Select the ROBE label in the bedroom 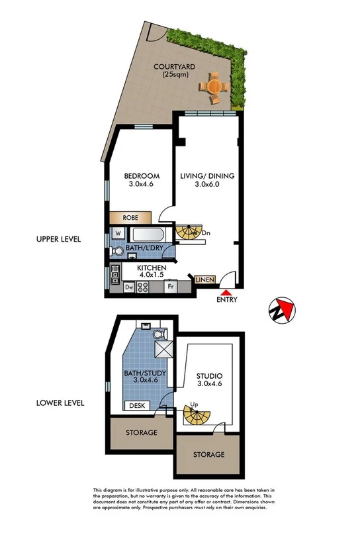pos(130,217)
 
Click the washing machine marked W pos(117,234)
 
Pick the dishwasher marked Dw pos(128,287)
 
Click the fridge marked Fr pos(169,287)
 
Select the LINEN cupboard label pos(204,280)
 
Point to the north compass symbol pos(283,309)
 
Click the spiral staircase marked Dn pos(189,232)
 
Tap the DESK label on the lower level pos(137,405)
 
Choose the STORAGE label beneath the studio pos(208,455)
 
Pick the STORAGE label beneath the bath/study pos(141,432)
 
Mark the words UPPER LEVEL pos(60,238)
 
